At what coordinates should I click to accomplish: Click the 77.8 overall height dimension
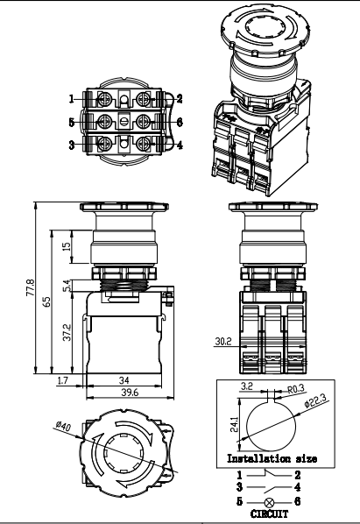30,287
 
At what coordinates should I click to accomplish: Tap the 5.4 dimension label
67,284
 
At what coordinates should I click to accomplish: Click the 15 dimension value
67,247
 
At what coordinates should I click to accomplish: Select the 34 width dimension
125,379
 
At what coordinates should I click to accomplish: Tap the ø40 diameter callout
63,426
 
